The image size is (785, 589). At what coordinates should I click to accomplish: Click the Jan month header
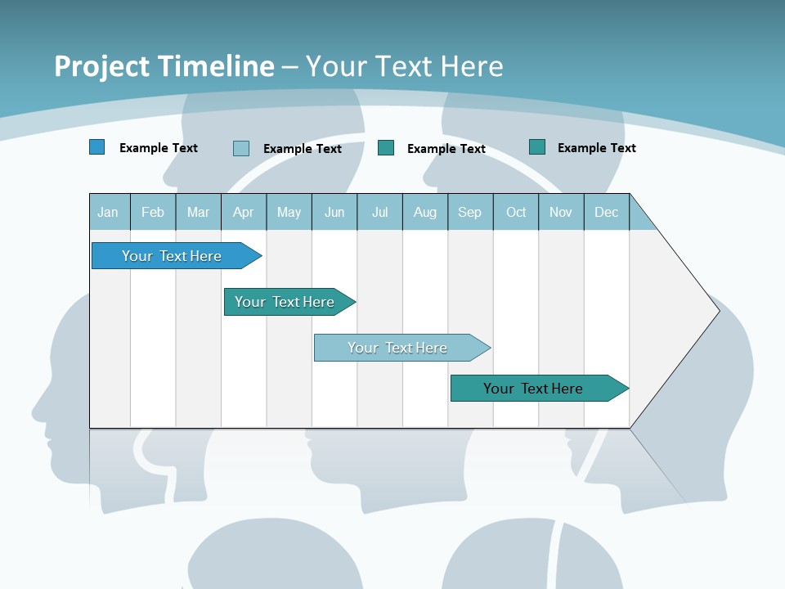(x=108, y=212)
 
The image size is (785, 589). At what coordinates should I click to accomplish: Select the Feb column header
(x=153, y=212)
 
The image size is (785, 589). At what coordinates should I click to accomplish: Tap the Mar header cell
(x=198, y=212)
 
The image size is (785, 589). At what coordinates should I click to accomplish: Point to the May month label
(x=289, y=212)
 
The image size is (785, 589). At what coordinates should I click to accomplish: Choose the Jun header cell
(x=334, y=212)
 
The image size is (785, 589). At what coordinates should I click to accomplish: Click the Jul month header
(x=379, y=212)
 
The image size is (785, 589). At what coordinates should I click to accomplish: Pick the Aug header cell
(x=425, y=212)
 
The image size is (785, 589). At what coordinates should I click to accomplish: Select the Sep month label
(x=469, y=212)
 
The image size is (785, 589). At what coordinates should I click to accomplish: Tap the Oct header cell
(x=516, y=212)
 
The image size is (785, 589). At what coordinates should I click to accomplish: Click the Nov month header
(x=561, y=212)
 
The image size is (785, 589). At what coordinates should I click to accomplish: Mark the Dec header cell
(x=606, y=212)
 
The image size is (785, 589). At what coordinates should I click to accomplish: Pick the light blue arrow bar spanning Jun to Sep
(x=398, y=348)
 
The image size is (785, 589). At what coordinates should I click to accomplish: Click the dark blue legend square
(x=97, y=147)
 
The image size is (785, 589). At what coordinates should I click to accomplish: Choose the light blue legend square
(x=241, y=148)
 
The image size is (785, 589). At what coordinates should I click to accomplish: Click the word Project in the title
(x=103, y=66)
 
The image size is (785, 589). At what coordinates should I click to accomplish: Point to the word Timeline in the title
(x=216, y=66)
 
